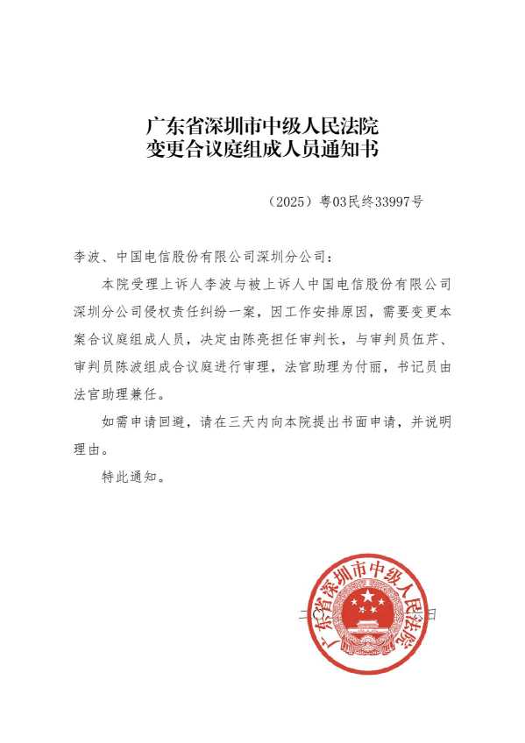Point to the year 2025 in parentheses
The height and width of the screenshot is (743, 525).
pyautogui.click(x=288, y=202)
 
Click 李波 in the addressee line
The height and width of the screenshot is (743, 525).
pyautogui.click(x=89, y=258)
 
